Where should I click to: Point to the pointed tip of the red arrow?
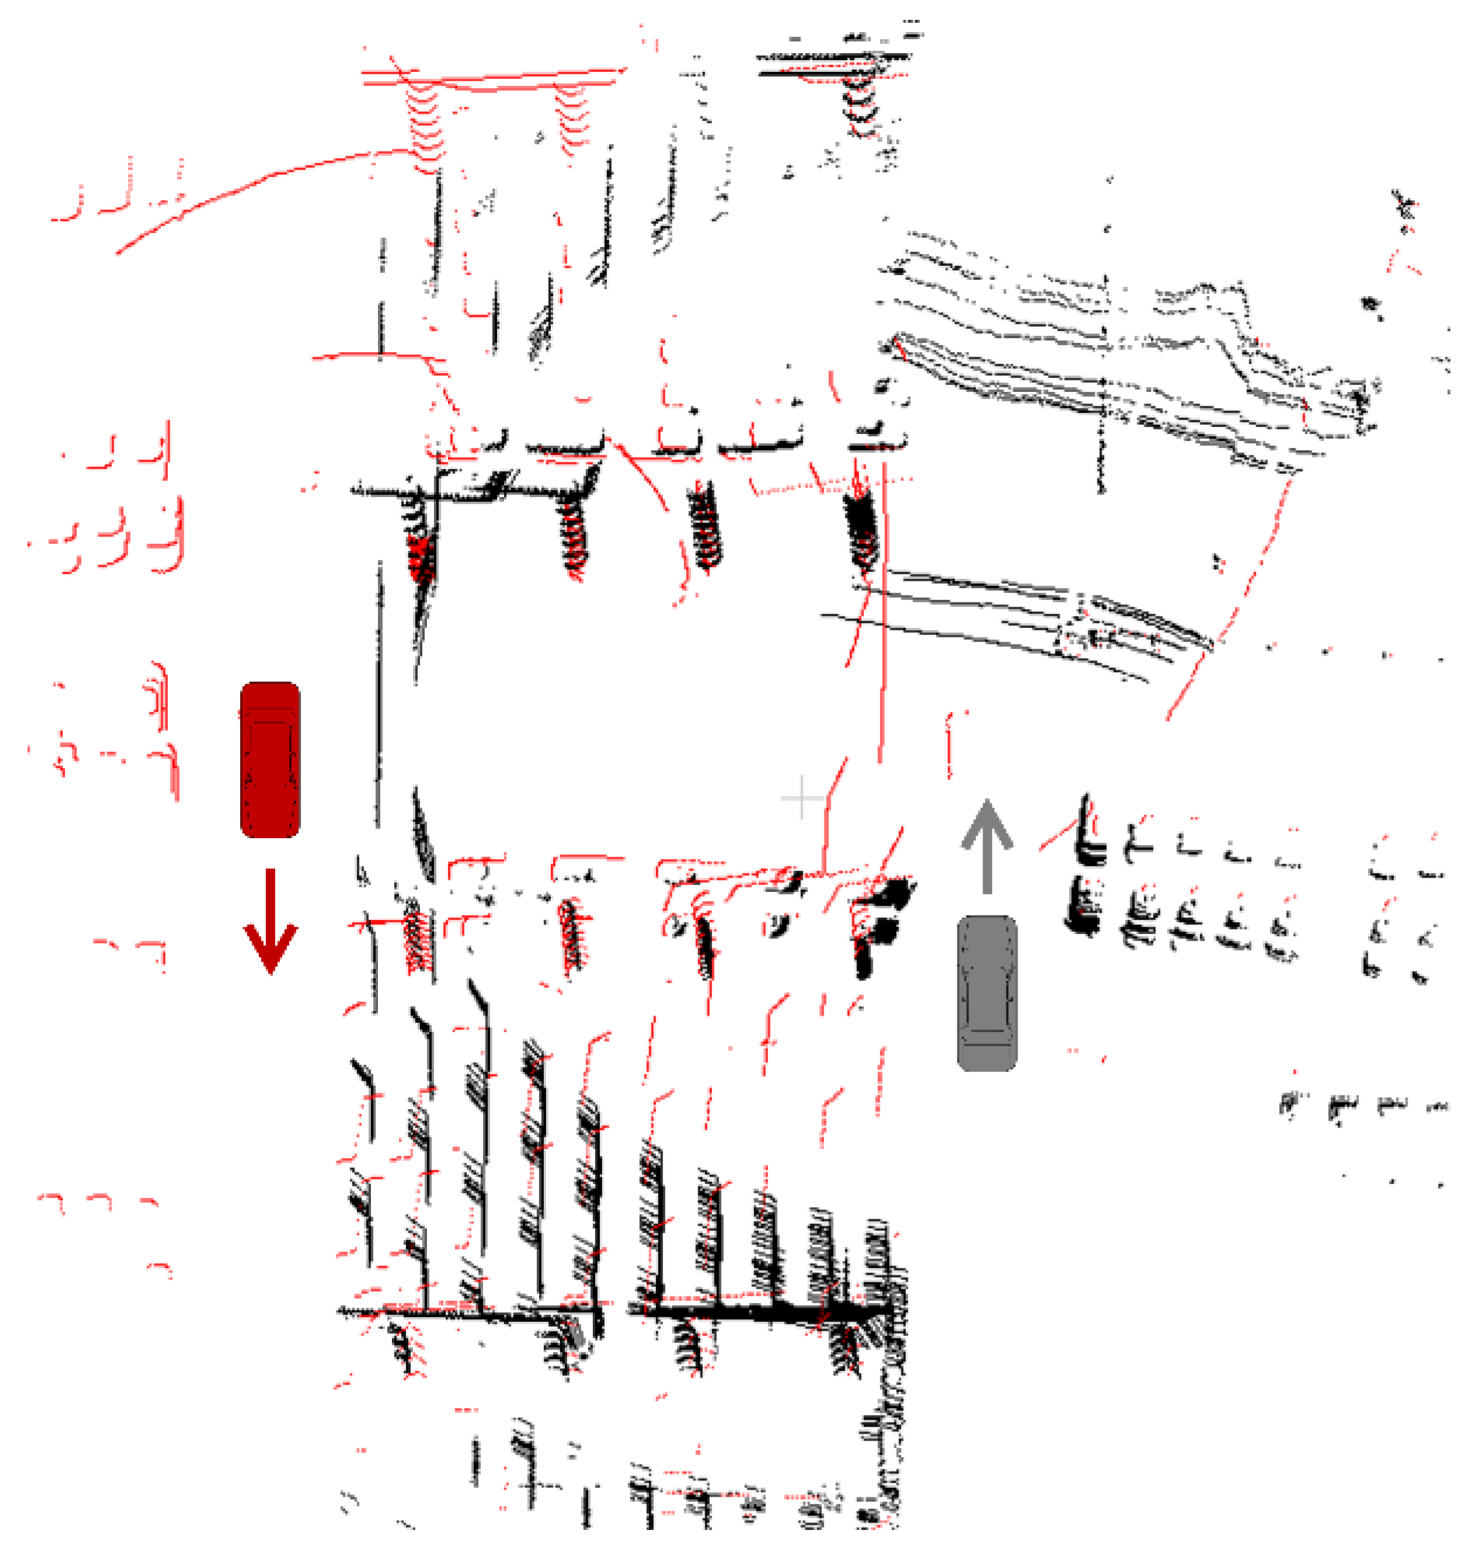[x=270, y=971]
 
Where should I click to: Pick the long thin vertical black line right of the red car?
[x=379, y=694]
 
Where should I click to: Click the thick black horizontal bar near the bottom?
[x=757, y=1313]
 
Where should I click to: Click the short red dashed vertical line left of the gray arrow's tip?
[x=949, y=745]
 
